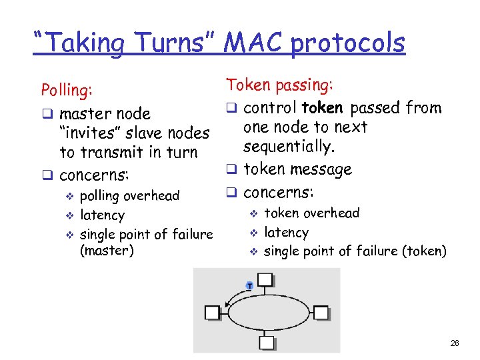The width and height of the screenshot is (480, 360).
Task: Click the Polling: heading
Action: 67,90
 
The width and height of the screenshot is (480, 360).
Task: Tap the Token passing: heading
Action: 280,85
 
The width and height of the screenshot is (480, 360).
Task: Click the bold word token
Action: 322,108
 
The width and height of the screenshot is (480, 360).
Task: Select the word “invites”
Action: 92,133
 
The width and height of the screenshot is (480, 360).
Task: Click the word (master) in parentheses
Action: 107,251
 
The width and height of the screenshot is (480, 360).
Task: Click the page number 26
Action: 455,343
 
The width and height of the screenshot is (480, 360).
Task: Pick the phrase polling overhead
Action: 129,196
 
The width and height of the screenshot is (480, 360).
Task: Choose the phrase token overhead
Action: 311,213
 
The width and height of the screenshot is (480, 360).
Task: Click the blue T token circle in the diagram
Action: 249,285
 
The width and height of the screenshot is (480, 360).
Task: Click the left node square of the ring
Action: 213,312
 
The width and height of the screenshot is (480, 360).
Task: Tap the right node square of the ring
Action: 321,312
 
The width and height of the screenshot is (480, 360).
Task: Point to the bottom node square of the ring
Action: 266,343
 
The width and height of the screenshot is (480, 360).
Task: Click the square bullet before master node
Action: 47,115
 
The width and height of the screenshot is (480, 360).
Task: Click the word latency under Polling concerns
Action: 102,215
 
